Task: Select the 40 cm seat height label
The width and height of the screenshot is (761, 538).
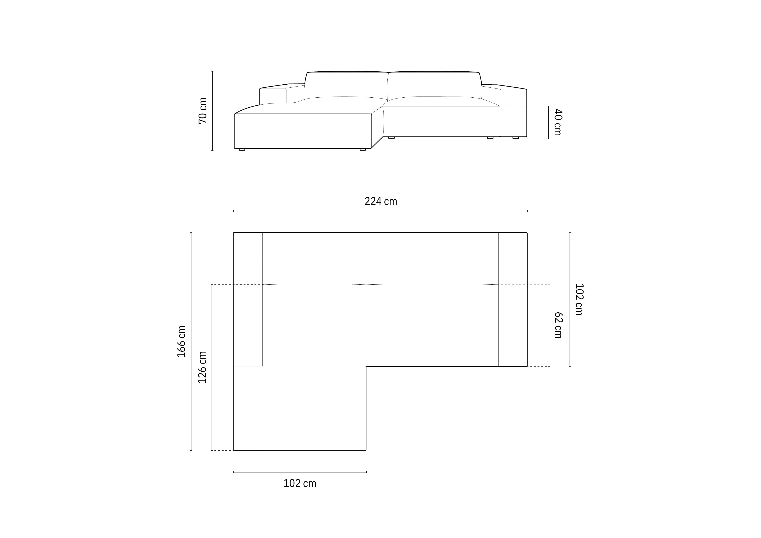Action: [x=558, y=122]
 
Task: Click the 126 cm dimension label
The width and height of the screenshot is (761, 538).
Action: [x=202, y=367]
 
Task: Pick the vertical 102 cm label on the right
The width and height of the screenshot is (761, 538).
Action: [x=579, y=299]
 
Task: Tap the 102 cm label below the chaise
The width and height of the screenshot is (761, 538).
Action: [x=300, y=483]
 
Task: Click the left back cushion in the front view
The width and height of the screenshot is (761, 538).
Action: [x=346, y=85]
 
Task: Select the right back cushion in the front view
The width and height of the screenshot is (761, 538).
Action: [x=435, y=85]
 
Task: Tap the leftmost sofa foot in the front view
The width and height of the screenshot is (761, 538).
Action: [x=242, y=149]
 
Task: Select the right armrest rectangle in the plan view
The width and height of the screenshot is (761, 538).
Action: [x=512, y=299]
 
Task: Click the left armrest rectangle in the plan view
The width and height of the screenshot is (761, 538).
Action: [x=248, y=299]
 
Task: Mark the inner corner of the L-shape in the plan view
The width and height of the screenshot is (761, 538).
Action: [x=366, y=366]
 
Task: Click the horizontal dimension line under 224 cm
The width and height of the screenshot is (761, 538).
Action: [x=380, y=211]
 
